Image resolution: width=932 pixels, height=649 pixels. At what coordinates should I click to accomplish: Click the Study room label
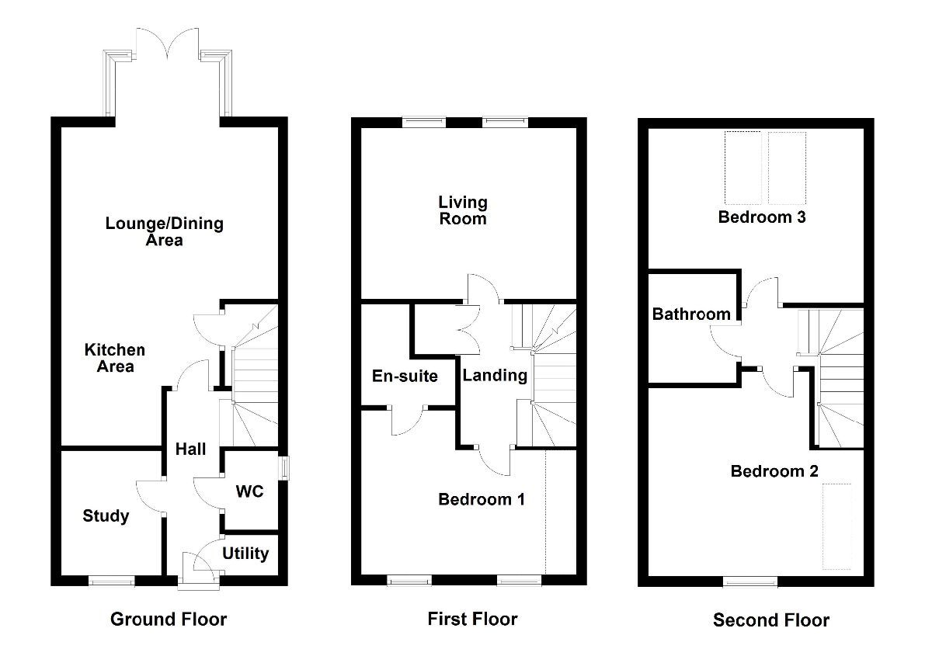[x=106, y=516]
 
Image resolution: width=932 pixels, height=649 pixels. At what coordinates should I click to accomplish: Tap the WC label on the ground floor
[x=249, y=491]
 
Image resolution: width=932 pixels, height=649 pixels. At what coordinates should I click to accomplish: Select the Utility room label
[x=245, y=554]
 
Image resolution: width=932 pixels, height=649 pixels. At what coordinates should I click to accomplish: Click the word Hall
[x=190, y=449]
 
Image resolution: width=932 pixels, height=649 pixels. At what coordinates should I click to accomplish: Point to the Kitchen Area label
[x=115, y=359]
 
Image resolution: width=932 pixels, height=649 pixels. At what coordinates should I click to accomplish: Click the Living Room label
[x=463, y=210]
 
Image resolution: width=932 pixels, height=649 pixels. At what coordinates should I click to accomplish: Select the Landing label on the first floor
[x=495, y=376]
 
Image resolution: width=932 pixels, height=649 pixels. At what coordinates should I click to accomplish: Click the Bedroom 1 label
[x=482, y=499]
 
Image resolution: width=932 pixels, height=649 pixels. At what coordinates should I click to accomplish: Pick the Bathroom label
[x=691, y=314]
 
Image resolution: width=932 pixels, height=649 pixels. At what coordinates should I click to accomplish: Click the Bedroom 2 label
[x=774, y=471]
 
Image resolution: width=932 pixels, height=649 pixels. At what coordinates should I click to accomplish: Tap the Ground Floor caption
[x=169, y=619]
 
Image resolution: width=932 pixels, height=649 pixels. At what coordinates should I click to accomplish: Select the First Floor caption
[x=472, y=619]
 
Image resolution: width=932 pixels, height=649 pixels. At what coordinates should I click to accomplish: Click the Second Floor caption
[x=771, y=620]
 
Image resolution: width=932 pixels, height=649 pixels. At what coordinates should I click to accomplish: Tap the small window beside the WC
[x=284, y=468]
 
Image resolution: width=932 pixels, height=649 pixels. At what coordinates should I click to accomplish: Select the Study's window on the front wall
[x=111, y=580]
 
